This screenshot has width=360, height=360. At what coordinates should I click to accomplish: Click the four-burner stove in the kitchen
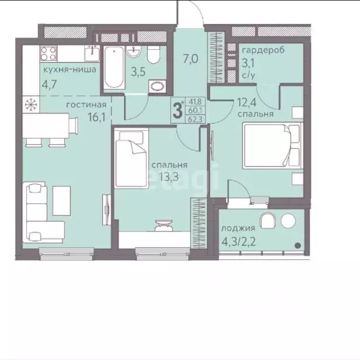click(x=49, y=54)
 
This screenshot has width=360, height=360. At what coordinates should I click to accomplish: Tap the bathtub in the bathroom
click(x=114, y=68)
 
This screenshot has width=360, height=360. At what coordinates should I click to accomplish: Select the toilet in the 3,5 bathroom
click(x=154, y=55)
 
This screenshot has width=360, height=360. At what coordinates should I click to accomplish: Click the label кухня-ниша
click(x=70, y=70)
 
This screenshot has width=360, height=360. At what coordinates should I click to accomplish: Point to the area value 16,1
click(x=96, y=117)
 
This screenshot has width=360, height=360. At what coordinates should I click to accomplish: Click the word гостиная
click(x=86, y=105)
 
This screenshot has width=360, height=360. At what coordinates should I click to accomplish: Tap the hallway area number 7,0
click(x=191, y=59)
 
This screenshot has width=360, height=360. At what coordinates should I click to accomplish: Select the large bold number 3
click(x=178, y=110)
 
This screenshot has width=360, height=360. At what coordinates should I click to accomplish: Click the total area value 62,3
click(x=195, y=119)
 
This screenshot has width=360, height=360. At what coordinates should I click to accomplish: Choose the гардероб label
click(x=264, y=50)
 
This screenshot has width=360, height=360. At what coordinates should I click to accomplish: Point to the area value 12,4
click(x=247, y=103)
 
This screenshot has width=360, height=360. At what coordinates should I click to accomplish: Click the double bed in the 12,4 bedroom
click(x=272, y=146)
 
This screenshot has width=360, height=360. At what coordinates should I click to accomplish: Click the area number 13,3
click(x=169, y=177)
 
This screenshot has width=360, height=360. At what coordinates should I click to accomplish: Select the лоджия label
click(x=238, y=228)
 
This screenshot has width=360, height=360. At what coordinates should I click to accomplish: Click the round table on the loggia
click(x=288, y=221)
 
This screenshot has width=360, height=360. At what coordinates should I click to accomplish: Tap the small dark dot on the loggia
click(x=298, y=245)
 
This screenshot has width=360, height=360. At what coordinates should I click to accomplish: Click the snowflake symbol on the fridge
click(x=31, y=105)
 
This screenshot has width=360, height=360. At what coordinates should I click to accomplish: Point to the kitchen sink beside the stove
click(x=92, y=54)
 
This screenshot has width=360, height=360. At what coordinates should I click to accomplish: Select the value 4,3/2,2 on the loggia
click(x=238, y=242)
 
